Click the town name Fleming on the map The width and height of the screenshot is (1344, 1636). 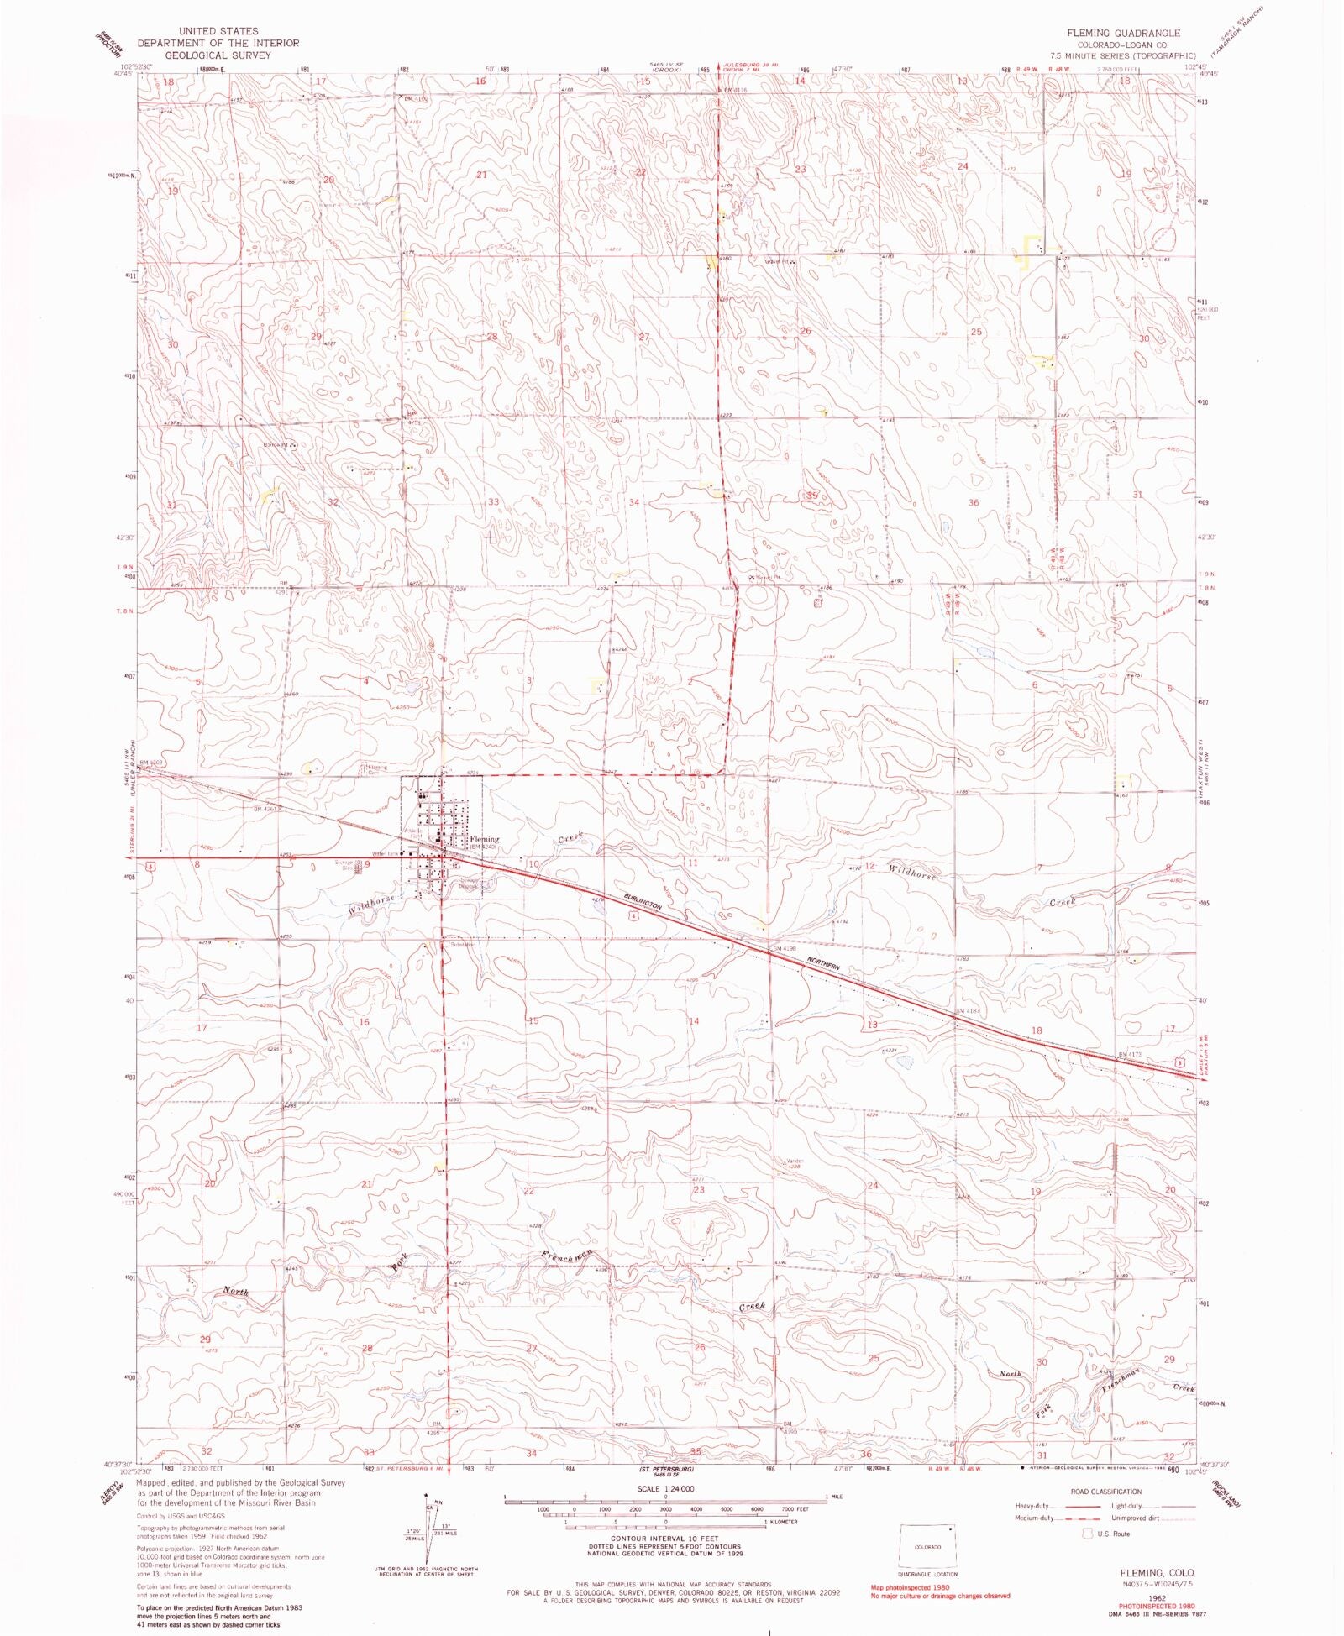(485, 838)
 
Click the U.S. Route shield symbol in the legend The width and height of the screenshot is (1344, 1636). (1089, 1534)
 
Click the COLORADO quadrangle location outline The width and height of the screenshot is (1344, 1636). (927, 1546)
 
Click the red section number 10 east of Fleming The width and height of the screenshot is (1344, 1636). (533, 863)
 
